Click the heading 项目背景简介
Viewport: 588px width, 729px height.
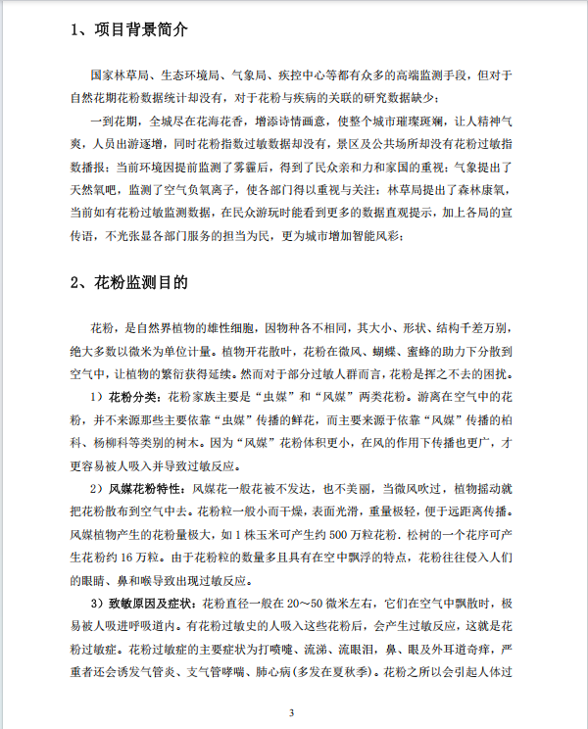tap(141, 28)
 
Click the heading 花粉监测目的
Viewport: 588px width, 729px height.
tap(141, 282)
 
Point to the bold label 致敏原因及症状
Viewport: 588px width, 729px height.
tap(153, 601)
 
